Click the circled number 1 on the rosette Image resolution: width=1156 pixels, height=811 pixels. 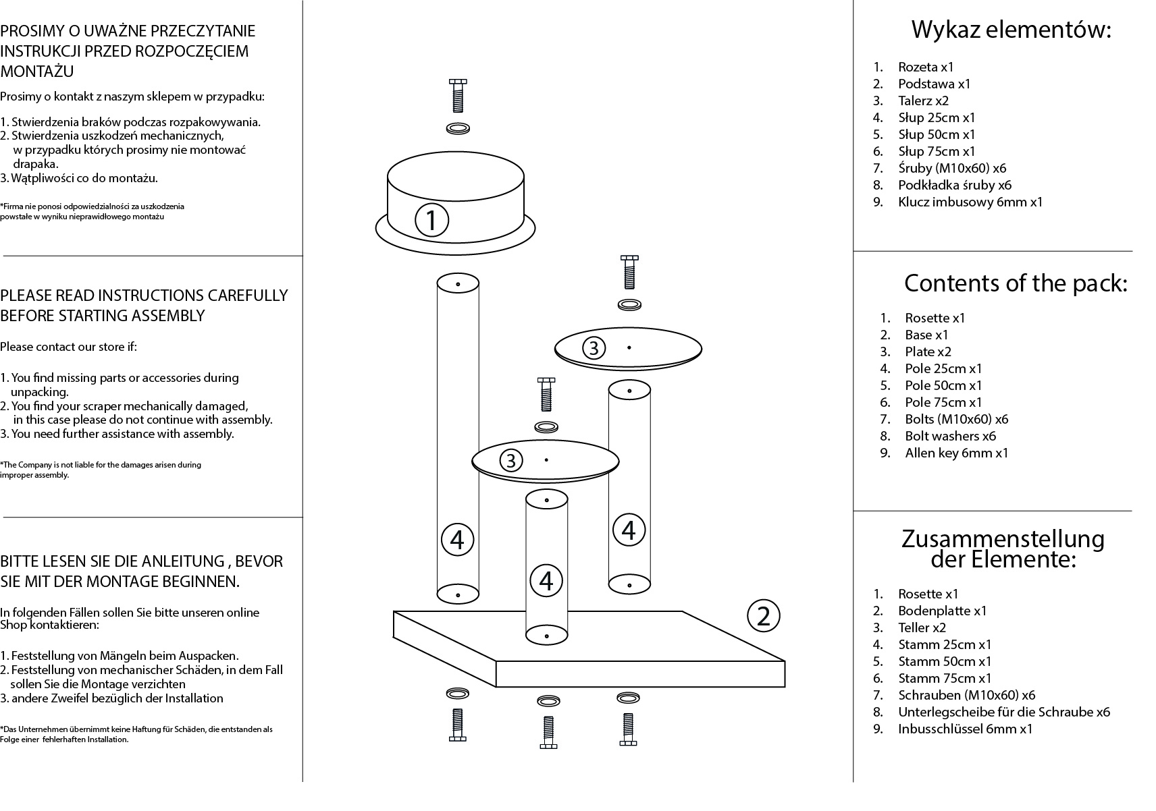(x=431, y=219)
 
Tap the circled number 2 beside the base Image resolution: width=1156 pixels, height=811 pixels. (x=764, y=615)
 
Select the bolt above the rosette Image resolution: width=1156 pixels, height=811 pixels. (x=457, y=95)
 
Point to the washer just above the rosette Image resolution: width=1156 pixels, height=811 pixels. (x=458, y=128)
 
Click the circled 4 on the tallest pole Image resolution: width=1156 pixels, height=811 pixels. (x=457, y=540)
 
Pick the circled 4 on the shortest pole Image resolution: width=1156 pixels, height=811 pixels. (x=546, y=580)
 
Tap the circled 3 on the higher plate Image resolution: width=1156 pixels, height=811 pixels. (x=594, y=348)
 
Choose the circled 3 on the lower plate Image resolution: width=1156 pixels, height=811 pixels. (x=511, y=461)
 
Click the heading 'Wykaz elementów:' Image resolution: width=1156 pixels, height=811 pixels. (x=1011, y=30)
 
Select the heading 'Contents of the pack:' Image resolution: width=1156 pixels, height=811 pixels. (x=1016, y=283)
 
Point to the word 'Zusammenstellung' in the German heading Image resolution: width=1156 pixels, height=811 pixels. (x=1003, y=538)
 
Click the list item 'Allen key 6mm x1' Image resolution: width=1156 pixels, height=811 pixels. (x=956, y=453)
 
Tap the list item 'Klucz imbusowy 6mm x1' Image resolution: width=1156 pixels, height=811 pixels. (x=970, y=202)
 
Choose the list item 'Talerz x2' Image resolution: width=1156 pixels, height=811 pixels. (x=923, y=101)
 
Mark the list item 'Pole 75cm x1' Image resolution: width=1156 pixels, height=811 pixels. (x=943, y=402)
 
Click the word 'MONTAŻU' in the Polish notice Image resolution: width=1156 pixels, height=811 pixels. (x=37, y=71)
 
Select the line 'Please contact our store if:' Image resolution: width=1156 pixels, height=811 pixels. (x=68, y=347)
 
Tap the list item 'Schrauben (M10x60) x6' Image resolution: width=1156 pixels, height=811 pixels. (x=966, y=695)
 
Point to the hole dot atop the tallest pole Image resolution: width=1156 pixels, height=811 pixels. (x=458, y=284)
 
